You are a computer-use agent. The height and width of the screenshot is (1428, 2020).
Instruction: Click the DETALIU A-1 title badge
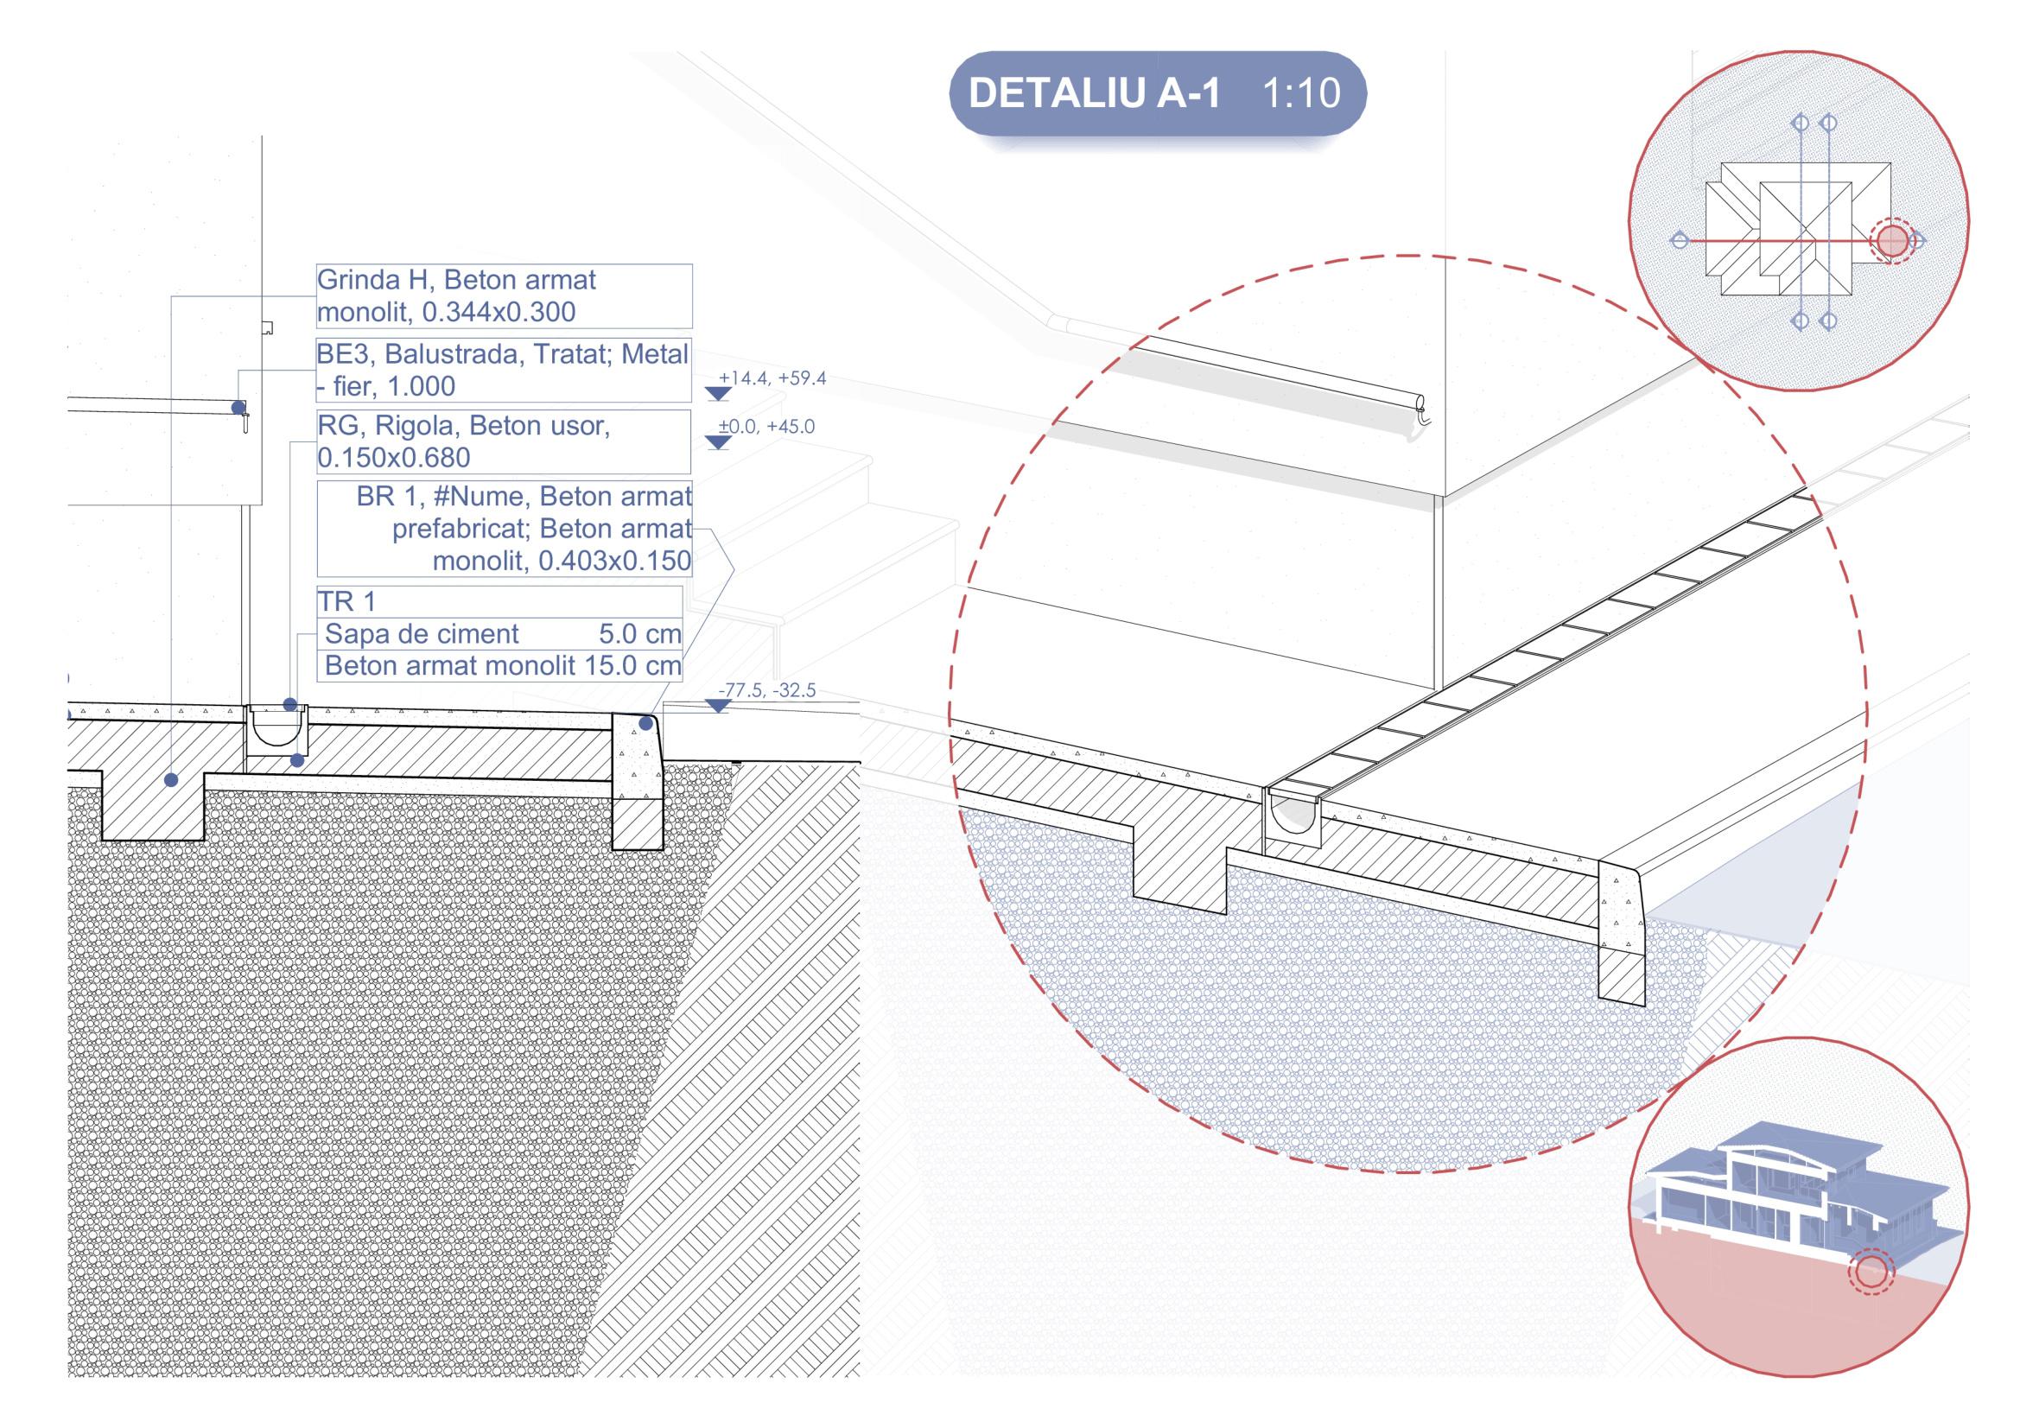coord(1158,93)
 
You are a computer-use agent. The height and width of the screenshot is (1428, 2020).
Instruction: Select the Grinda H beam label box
coord(503,295)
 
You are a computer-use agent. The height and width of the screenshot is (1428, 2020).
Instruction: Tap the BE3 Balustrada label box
coord(503,370)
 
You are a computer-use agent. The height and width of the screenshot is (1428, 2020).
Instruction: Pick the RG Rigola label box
coord(503,441)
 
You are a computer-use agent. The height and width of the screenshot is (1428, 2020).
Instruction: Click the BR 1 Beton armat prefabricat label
coord(504,529)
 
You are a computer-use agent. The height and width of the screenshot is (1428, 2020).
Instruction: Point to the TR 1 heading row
coord(499,602)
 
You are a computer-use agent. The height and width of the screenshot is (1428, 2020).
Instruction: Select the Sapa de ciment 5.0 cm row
coord(499,633)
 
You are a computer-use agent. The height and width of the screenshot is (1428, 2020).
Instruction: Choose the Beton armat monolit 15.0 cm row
coord(499,665)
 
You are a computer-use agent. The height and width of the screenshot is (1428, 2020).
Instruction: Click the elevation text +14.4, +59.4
coord(772,379)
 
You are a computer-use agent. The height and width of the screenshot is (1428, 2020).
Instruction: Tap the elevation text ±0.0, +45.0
coord(766,427)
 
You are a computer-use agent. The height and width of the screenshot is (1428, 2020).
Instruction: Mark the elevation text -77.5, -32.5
coord(766,691)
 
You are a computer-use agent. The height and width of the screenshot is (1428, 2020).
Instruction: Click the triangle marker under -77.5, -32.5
coord(719,706)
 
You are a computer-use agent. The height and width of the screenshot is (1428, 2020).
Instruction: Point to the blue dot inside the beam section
coord(172,779)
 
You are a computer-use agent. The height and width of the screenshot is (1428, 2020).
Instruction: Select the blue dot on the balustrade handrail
coord(238,408)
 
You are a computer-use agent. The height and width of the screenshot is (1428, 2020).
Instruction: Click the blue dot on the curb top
coord(645,723)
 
